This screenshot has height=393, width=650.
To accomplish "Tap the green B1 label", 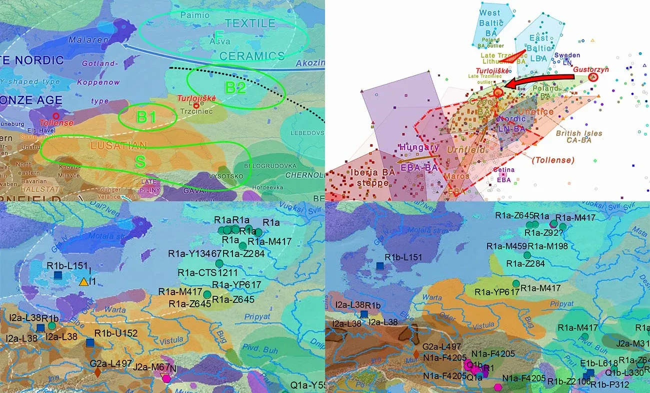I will [x=147, y=118].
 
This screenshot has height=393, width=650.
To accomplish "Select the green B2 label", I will [x=235, y=87].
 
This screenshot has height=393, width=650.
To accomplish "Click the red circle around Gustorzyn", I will [x=593, y=77].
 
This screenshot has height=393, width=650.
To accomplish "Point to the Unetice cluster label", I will [x=535, y=111].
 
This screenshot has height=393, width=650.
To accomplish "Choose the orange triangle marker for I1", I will [x=83, y=282].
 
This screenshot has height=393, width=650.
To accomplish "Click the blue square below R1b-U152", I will [x=90, y=343].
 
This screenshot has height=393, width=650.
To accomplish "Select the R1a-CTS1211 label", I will [x=207, y=273].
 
